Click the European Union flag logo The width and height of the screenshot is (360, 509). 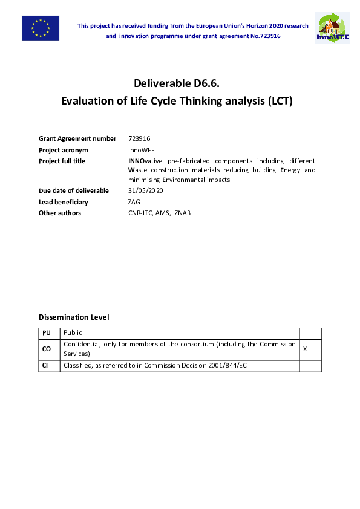(41, 28)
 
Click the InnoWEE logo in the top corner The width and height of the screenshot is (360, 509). (332, 28)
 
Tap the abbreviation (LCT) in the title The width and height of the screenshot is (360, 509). (280, 101)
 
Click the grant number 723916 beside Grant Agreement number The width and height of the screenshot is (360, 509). (139, 138)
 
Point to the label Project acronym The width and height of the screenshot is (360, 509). (64, 150)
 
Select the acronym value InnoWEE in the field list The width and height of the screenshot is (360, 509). (142, 150)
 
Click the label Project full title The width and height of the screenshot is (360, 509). (62, 161)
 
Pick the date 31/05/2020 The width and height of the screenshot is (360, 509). (146, 190)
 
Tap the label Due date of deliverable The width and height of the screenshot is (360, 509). (74, 190)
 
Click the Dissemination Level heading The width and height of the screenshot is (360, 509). (74, 317)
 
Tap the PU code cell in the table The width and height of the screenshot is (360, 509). (47, 333)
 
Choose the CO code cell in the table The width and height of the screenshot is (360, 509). (47, 349)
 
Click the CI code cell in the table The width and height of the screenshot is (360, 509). (46, 366)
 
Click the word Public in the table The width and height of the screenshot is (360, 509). (73, 333)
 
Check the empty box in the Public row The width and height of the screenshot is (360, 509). (310, 333)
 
